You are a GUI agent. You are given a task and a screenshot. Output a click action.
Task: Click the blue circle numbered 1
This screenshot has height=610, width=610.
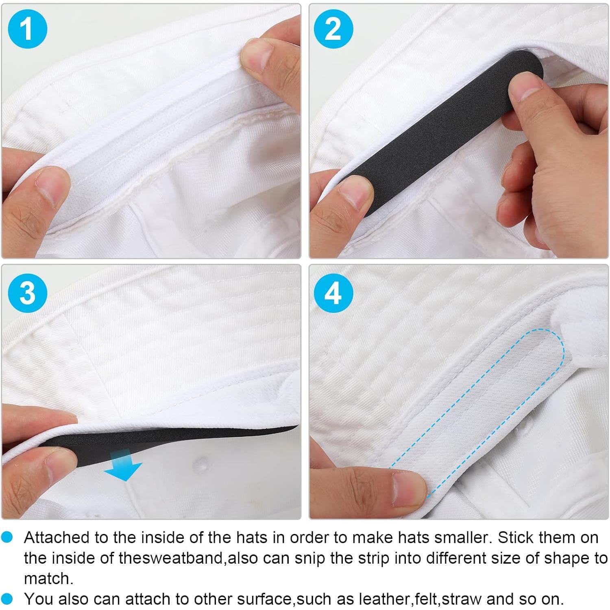point(27,28)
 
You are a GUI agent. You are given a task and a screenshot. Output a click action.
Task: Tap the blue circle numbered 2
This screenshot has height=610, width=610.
point(333,28)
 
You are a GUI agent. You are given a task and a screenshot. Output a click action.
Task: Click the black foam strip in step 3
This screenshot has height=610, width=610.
point(163,439)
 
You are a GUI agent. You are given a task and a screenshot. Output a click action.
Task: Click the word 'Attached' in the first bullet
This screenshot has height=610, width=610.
point(56,538)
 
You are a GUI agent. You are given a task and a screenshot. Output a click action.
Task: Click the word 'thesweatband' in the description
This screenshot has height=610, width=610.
point(171,558)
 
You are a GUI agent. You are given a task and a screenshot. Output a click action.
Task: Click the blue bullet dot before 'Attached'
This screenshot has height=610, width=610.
point(7,538)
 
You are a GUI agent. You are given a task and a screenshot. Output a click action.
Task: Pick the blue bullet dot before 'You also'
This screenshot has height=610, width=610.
point(7,599)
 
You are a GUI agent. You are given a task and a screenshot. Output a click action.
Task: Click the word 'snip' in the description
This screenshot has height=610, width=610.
point(311,558)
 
